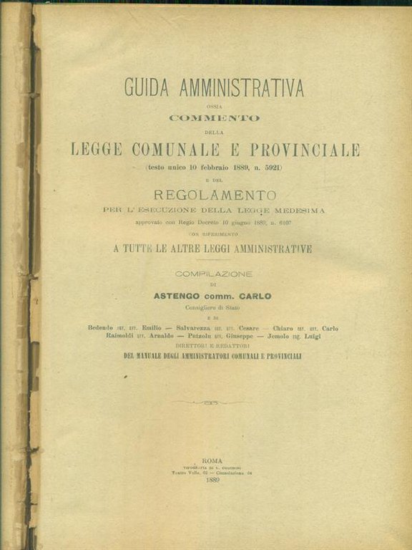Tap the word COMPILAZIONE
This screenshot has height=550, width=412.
point(214,273)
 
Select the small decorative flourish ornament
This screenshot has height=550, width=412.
point(212,402)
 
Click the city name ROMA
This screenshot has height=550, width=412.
point(212,460)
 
